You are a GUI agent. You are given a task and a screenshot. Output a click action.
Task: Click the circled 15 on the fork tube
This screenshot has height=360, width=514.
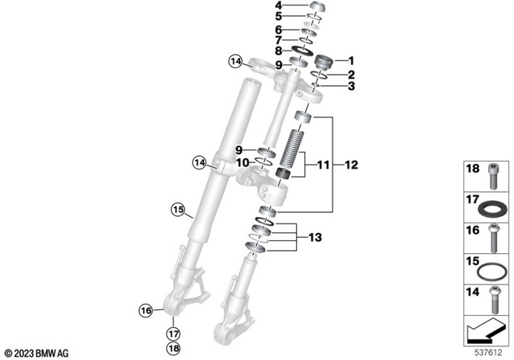177,211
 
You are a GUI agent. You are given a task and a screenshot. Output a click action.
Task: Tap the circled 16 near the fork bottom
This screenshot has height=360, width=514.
145,309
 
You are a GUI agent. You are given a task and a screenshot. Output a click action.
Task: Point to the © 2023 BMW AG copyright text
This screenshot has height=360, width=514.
39,352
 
